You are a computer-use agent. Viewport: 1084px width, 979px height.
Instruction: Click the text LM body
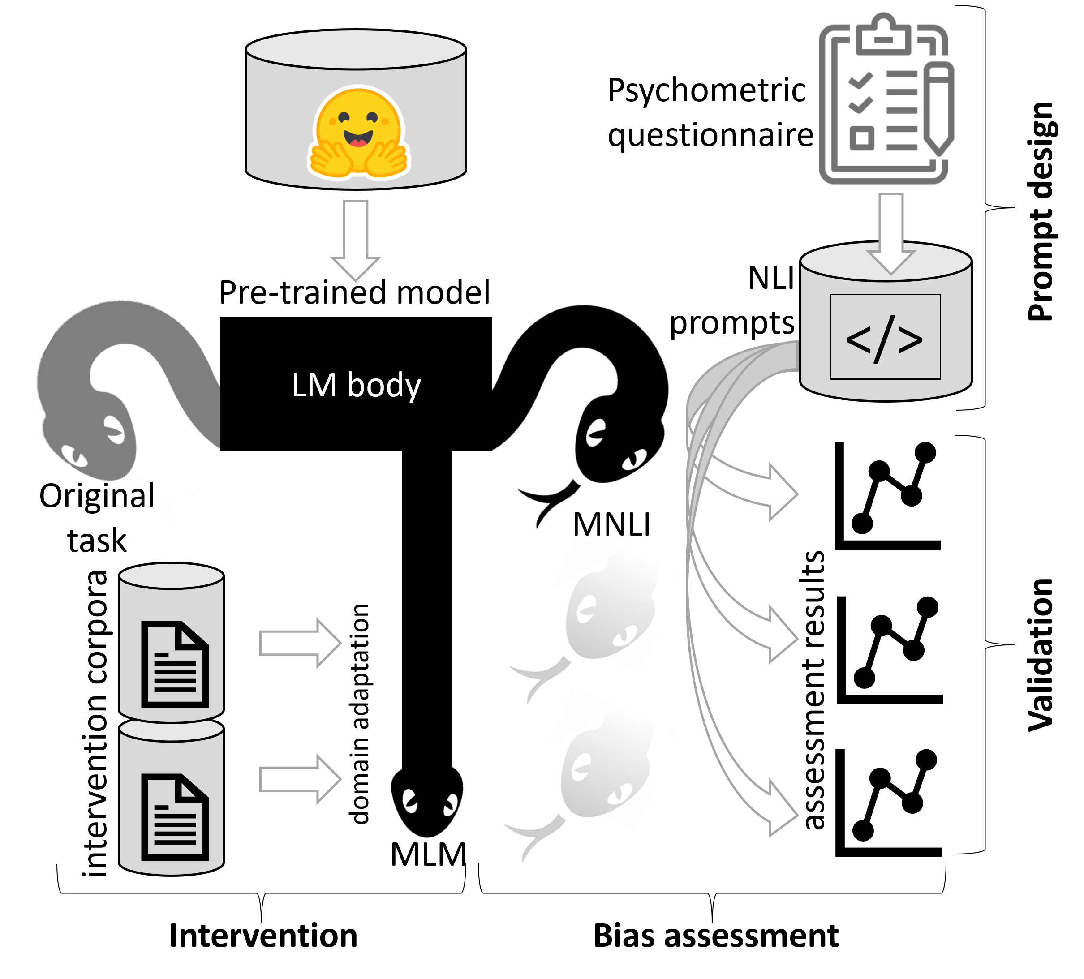(x=356, y=385)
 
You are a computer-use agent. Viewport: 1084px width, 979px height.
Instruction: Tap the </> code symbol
(x=885, y=339)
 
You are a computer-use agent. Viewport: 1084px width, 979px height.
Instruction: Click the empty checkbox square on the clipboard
(x=862, y=138)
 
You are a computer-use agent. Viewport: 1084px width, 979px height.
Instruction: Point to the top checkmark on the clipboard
(x=861, y=81)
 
